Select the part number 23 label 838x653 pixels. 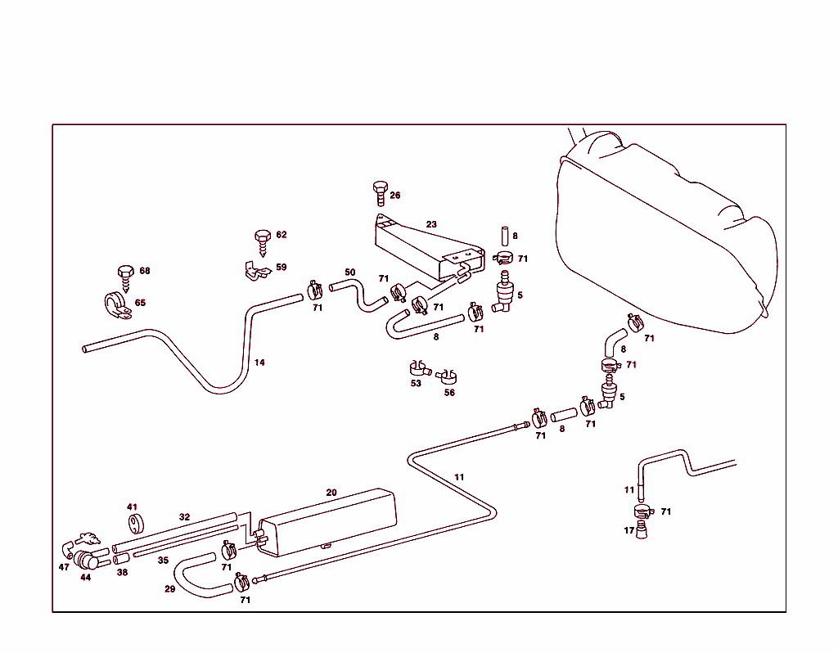point(431,223)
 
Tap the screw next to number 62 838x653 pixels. point(263,241)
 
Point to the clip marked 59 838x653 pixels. point(257,271)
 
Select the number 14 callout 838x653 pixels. point(259,363)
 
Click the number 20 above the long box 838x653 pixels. point(331,493)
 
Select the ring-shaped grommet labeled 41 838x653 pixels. point(133,523)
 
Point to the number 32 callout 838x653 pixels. point(184,517)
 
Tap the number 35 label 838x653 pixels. point(163,561)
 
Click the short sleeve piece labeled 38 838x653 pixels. point(121,559)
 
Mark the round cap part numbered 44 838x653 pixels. point(86,561)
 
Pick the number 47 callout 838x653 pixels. point(64,567)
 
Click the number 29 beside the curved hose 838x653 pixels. point(169,589)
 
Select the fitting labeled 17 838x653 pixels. point(642,530)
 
